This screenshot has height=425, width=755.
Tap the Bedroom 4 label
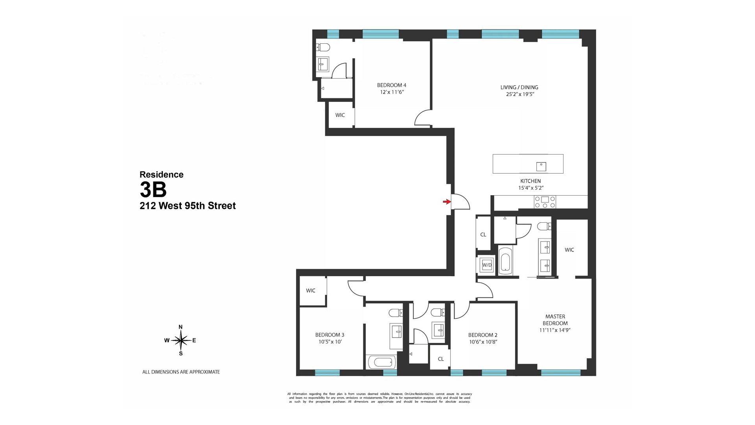pyautogui.click(x=391, y=85)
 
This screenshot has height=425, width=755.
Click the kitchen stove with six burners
pyautogui.click(x=545, y=202)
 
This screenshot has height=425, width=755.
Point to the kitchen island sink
pyautogui.click(x=541, y=166)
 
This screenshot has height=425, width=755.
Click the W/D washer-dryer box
pyautogui.click(x=487, y=265)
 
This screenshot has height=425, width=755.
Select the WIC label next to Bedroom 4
pyautogui.click(x=340, y=115)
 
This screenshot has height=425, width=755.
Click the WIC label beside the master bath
pyautogui.click(x=569, y=250)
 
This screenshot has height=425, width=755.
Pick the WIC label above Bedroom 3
pyautogui.click(x=311, y=291)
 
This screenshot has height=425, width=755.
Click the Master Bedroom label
pyautogui.click(x=555, y=320)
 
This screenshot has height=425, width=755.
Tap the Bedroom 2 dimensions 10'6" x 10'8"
pyautogui.click(x=483, y=342)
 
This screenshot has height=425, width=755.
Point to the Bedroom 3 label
pyautogui.click(x=330, y=335)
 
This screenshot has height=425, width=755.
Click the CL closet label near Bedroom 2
pyautogui.click(x=440, y=359)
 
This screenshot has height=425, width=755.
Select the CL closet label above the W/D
pyautogui.click(x=483, y=235)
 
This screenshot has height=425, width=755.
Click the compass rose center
pyautogui.click(x=180, y=340)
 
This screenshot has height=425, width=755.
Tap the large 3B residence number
pyautogui.click(x=153, y=190)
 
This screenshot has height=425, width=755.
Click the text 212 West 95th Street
pyautogui.click(x=188, y=206)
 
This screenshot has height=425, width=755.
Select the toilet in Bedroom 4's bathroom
pyautogui.click(x=323, y=48)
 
